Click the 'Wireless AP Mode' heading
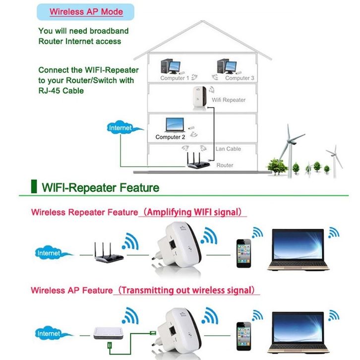point(86,11)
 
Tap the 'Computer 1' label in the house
point(174,78)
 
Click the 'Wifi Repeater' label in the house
point(229,100)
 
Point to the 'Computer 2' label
point(170,137)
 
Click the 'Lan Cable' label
point(228,149)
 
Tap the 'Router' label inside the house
point(225,165)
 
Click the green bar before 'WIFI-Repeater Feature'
point(34,187)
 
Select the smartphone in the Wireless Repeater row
point(244,253)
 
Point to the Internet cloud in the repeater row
point(49,253)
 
